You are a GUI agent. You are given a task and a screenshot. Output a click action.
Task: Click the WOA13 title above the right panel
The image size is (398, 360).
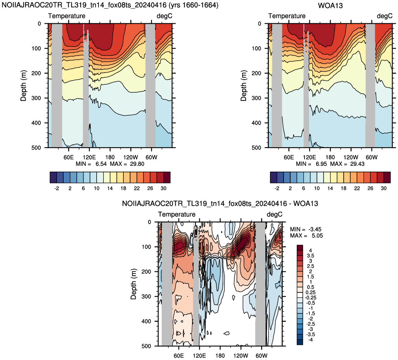330,5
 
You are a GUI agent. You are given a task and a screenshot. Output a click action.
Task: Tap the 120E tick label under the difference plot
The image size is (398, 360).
199,355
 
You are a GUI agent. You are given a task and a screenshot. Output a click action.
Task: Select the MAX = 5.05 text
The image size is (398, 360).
306,235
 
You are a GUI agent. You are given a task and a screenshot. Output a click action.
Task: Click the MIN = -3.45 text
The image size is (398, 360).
306,229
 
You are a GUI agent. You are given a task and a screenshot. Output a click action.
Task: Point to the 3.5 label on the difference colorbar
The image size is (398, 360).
310,256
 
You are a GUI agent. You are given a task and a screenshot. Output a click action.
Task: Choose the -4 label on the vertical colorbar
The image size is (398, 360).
310,340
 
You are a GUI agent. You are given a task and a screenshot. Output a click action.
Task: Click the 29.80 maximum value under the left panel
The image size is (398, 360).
137,164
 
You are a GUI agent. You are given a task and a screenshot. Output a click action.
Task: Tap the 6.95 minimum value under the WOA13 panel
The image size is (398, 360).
321,164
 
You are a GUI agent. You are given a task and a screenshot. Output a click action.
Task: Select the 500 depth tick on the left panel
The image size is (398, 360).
36,148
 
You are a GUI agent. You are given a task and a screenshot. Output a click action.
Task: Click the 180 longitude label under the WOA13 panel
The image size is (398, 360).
330,157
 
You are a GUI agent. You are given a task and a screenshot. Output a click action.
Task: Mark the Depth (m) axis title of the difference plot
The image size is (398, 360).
133,284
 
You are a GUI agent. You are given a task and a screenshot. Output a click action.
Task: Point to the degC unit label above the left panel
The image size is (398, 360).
164,16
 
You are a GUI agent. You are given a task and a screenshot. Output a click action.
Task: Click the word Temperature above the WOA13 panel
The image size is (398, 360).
287,16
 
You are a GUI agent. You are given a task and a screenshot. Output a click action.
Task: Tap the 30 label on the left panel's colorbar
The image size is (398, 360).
163,188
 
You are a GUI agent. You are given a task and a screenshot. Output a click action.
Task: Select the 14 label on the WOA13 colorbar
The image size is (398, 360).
330,188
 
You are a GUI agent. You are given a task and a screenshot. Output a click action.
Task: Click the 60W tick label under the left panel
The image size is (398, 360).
151,157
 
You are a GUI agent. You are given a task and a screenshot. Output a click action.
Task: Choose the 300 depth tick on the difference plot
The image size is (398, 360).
146,296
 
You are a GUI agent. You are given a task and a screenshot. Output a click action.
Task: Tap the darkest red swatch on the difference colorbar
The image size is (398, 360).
300,248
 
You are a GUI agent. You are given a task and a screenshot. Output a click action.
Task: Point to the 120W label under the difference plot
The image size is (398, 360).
241,355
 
